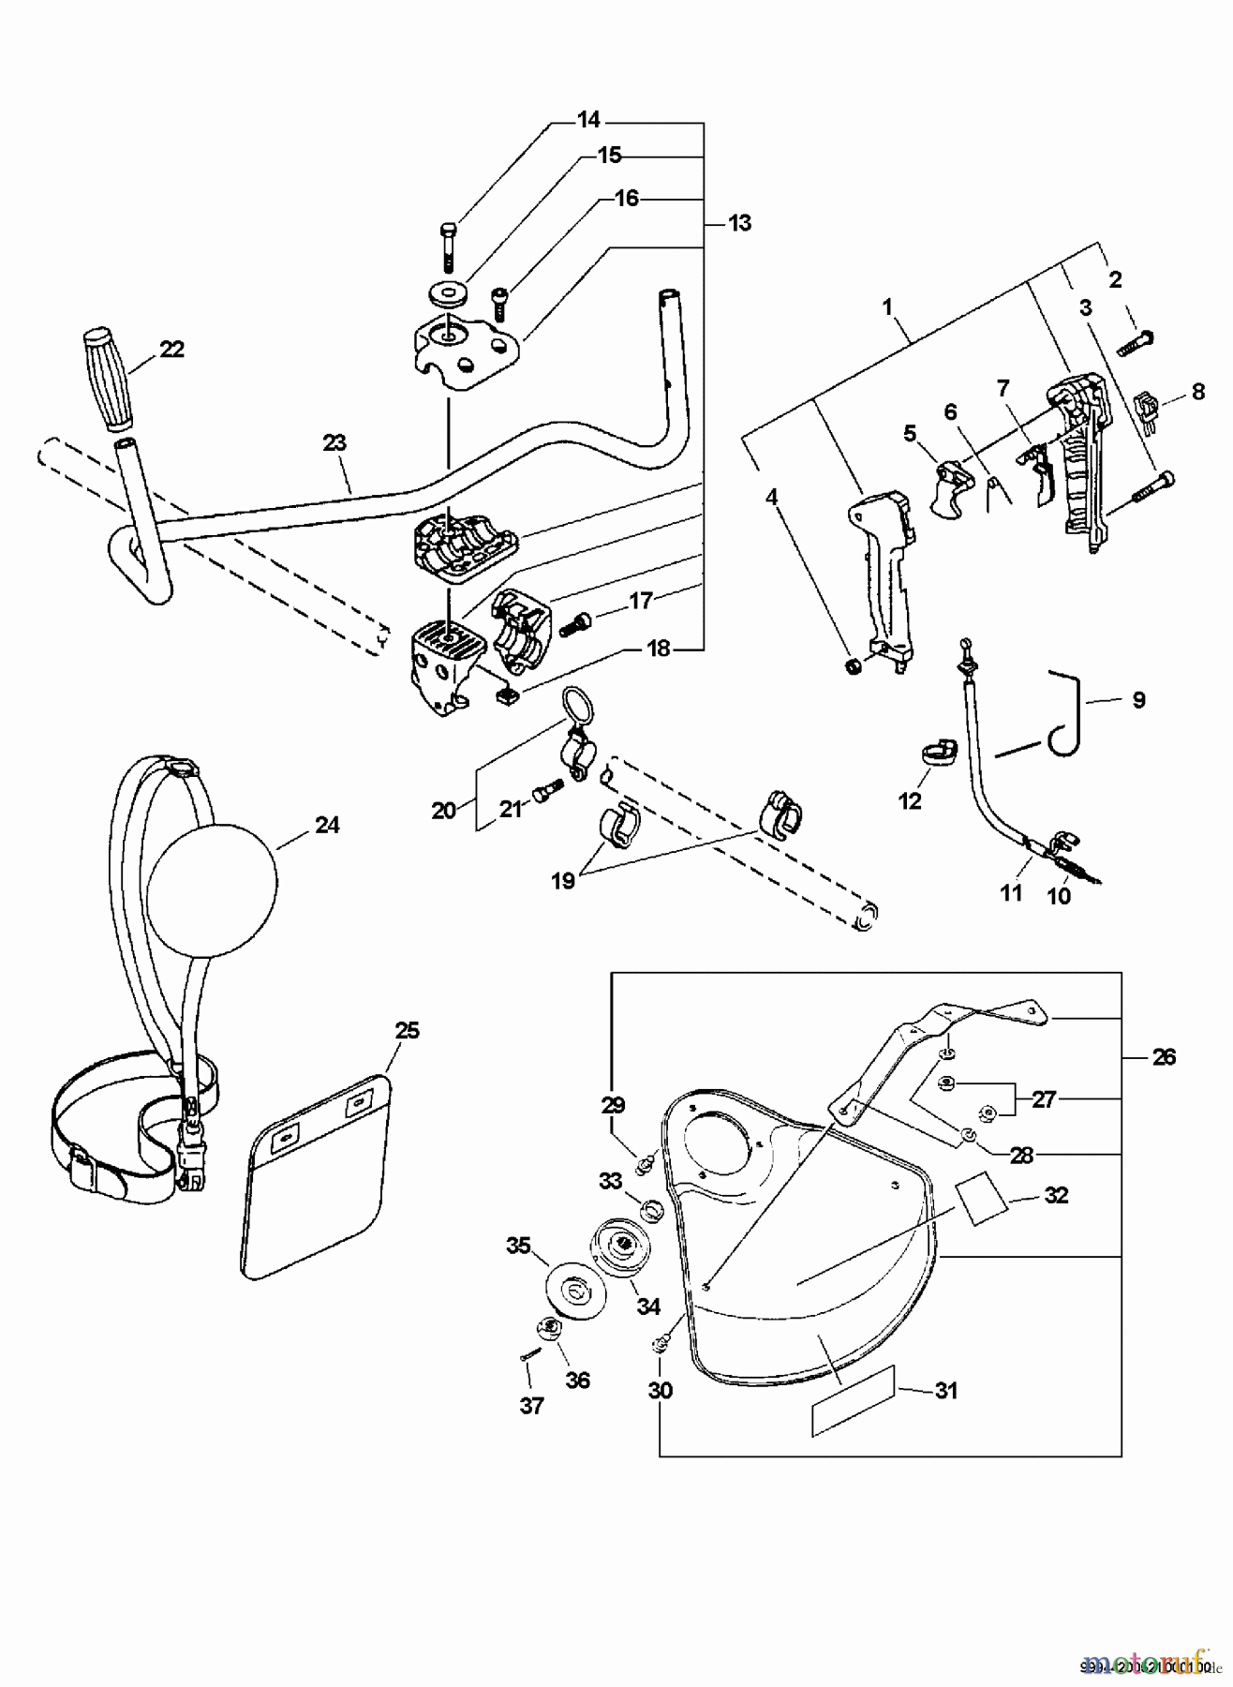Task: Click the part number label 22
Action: pyautogui.click(x=171, y=349)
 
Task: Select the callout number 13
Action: pyautogui.click(x=739, y=223)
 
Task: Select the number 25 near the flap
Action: pyautogui.click(x=407, y=1031)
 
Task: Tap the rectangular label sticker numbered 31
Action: pyautogui.click(x=854, y=1411)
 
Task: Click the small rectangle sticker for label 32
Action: pyautogui.click(x=979, y=1202)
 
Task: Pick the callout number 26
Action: pyautogui.click(x=1163, y=1057)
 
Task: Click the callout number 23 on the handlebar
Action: pyautogui.click(x=334, y=442)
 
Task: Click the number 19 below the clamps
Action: pyautogui.click(x=563, y=881)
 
